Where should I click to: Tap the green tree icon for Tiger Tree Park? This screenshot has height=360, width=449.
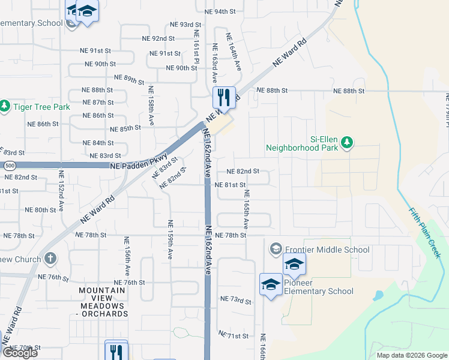click(5, 107)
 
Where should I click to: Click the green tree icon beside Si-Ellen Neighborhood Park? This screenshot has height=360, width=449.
click(347, 142)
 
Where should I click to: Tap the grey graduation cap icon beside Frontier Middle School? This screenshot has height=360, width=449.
click(276, 248)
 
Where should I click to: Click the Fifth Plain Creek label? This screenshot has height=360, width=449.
click(425, 233)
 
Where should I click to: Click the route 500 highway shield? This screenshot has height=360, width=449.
click(8, 165)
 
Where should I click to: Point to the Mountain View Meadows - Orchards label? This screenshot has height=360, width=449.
click(103, 302)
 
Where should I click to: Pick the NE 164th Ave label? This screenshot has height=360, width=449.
click(233, 52)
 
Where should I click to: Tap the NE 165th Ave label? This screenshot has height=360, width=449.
click(246, 209)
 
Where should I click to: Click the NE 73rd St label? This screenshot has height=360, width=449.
click(235, 299)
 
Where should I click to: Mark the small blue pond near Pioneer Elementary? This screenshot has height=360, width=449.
click(378, 296)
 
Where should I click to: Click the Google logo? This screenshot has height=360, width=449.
click(20, 353)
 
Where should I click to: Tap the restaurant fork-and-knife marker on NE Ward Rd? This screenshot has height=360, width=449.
click(224, 97)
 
